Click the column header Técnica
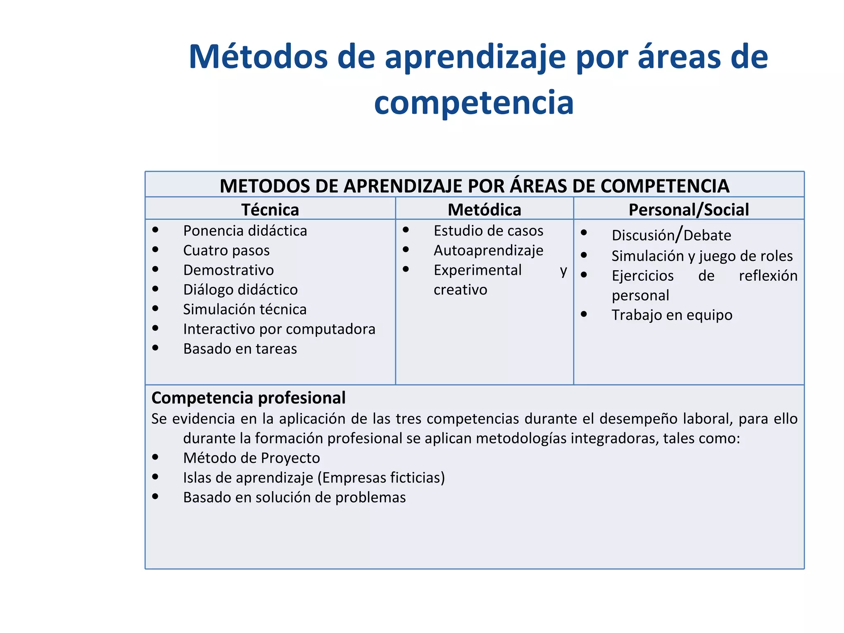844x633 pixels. [270, 210]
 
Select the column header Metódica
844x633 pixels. [484, 210]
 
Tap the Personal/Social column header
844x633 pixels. [688, 210]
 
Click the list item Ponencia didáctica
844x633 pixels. [245, 231]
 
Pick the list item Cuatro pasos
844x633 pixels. [226, 251]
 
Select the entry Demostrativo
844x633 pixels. [228, 270]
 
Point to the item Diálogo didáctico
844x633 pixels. [240, 290]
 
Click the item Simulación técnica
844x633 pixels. [245, 309]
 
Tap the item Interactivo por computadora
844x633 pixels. [279, 329]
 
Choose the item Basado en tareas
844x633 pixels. [240, 349]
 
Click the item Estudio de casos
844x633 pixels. [488, 231]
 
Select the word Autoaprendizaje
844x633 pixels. [488, 251]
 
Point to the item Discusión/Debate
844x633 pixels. [671, 235]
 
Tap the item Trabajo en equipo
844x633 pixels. [672, 315]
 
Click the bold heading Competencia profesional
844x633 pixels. [249, 398]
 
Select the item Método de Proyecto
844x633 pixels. [251, 458]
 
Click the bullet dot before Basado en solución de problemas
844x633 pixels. [155, 497]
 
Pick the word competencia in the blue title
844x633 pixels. [474, 103]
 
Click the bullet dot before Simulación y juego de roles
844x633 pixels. [584, 255]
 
